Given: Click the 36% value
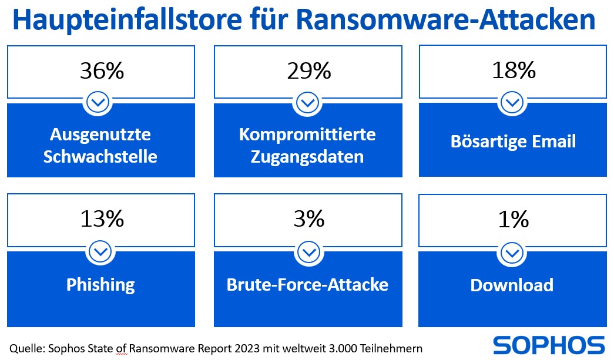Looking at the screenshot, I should point(101,71).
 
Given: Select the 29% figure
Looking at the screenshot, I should point(308,71).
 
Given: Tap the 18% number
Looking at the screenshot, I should point(513,71).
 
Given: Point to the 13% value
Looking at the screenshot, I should point(101,219).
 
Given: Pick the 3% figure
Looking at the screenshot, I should point(308,219).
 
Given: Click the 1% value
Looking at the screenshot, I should point(513,219).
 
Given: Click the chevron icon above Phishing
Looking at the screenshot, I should point(101,252).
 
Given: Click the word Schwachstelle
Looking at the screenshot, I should point(100,157).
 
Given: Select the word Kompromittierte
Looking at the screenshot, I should point(307,134).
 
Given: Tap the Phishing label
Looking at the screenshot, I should point(100,285).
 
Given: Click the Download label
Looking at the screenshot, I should point(512,285).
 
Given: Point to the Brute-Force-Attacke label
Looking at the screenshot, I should point(307,285).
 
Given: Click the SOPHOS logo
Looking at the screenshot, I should point(548,344).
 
